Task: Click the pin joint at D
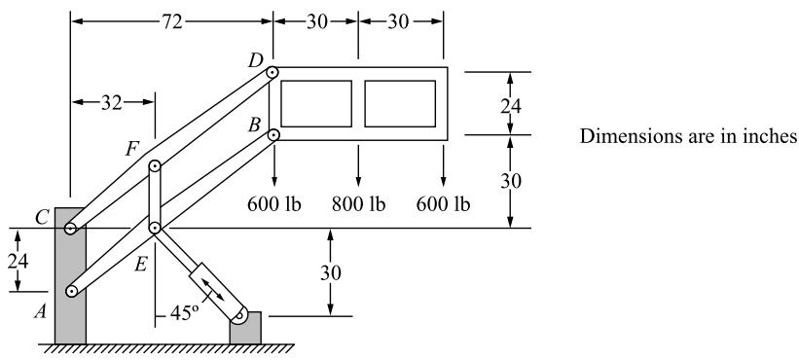coord(272,72)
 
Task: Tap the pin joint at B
coord(273,135)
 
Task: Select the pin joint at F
coord(155,166)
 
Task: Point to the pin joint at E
coord(155,228)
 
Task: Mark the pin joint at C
coord(71,229)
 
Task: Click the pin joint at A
coord(71,291)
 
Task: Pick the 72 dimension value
coord(172,22)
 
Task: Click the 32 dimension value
coord(112,103)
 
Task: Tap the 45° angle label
coord(183,312)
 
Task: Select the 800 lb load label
coord(358,204)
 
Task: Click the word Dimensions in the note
coord(618,136)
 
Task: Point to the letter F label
coord(132,149)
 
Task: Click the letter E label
coord(141,265)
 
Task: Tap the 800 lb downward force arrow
coord(358,165)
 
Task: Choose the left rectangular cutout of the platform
coord(316,103)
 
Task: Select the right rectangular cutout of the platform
coord(400,103)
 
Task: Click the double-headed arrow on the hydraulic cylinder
coord(212,289)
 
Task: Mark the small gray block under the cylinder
coord(245,328)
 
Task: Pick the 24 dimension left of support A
coord(18,261)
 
